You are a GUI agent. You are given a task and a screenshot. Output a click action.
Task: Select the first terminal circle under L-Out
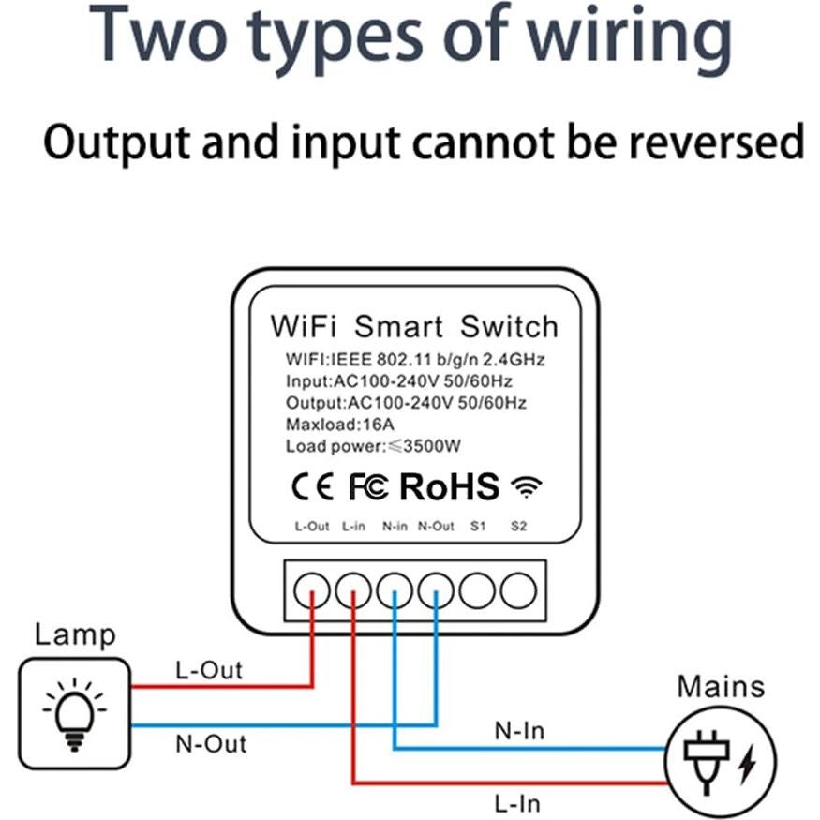click(312, 590)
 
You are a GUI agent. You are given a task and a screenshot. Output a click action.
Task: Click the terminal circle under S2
click(518, 590)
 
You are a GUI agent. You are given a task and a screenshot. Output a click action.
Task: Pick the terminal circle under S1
click(477, 590)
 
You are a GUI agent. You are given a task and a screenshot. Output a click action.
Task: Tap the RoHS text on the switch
click(450, 486)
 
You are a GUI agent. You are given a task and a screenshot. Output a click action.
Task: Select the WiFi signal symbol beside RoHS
click(527, 486)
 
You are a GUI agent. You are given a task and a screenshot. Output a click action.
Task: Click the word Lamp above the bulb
click(75, 634)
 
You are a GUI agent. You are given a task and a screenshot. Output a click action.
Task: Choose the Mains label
click(721, 687)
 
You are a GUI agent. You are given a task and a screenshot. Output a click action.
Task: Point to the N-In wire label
click(519, 730)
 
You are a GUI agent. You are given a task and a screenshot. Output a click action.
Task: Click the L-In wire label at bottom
click(517, 803)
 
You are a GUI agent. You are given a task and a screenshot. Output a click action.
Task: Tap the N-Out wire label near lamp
click(211, 744)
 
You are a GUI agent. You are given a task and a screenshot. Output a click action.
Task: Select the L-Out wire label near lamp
click(209, 670)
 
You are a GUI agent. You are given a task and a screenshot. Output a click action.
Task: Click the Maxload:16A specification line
click(329, 425)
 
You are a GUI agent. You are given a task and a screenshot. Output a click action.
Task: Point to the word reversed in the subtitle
click(716, 142)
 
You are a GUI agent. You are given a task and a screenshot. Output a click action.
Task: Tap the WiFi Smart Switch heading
click(413, 327)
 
